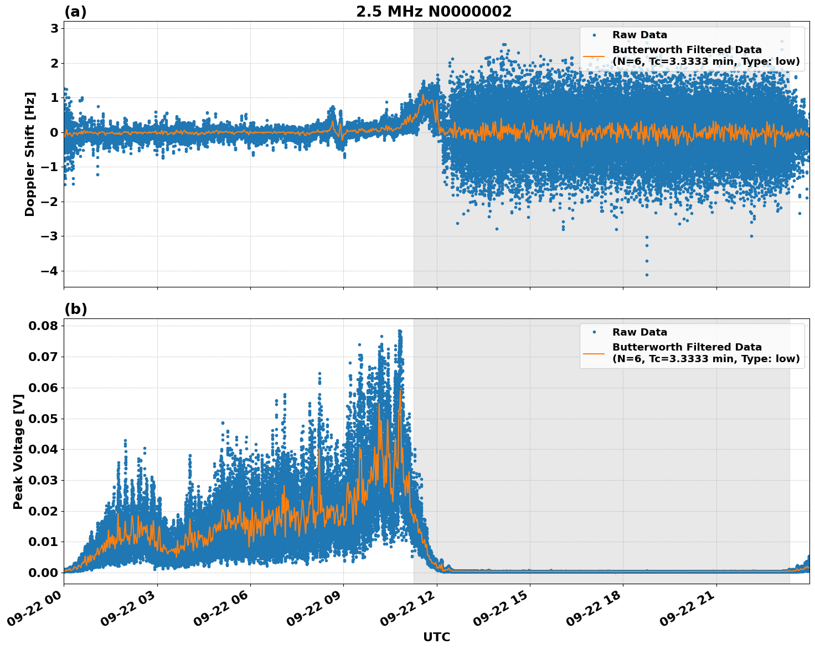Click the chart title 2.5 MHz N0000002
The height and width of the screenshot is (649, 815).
(434, 12)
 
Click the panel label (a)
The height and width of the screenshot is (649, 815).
(75, 12)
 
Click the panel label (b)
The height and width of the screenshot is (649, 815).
(75, 309)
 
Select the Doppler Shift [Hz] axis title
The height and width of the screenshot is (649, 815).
(30, 154)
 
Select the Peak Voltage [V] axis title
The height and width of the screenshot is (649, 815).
(18, 451)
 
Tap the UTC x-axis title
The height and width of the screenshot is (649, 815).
(436, 637)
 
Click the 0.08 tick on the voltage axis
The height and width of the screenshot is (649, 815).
(43, 326)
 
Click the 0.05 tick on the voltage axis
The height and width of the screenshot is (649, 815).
(43, 418)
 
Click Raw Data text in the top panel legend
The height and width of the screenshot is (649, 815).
(639, 35)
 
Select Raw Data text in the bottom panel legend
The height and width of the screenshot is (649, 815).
(639, 332)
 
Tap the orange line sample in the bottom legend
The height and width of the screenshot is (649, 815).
(594, 353)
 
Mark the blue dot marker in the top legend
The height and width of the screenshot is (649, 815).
(594, 35)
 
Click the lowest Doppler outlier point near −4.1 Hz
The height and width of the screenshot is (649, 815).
(646, 275)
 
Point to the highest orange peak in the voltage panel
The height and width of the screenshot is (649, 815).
(400, 391)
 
